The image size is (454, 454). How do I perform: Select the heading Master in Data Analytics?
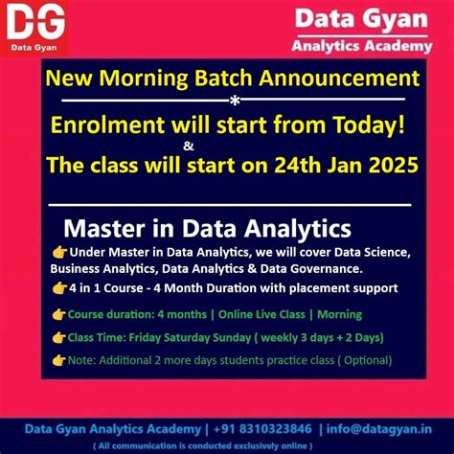point(207,230)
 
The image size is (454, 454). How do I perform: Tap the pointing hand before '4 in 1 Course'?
point(60,287)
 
